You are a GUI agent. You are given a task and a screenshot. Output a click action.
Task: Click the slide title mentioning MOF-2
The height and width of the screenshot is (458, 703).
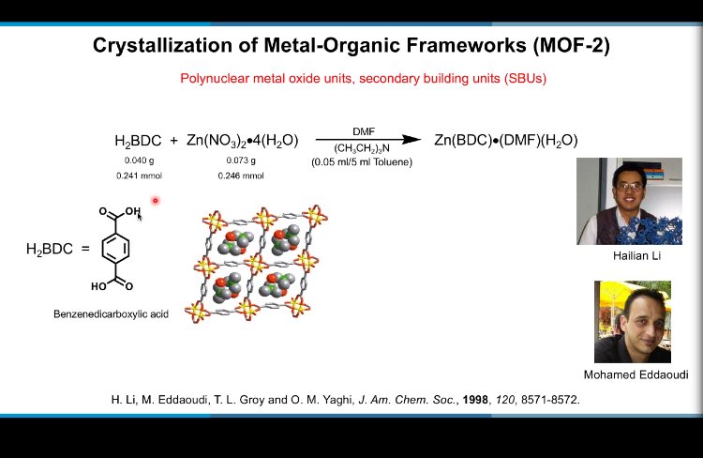coord(351,46)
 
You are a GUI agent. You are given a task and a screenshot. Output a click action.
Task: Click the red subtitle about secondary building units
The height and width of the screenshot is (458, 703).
coord(363,79)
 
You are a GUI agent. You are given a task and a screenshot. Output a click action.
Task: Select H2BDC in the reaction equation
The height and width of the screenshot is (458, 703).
coord(138,141)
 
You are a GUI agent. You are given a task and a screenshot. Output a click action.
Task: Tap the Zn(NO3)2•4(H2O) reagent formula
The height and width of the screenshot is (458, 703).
coord(241,141)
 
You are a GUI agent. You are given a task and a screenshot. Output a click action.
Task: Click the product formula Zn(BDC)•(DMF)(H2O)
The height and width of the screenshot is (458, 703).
coord(505,141)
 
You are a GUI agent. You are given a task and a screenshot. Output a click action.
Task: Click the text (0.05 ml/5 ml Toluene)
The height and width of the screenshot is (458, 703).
coord(363,161)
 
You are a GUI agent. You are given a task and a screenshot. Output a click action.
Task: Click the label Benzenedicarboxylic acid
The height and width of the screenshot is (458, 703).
coord(111,313)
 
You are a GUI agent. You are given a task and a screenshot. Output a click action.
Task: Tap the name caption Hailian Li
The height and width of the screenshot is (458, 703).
coord(629,255)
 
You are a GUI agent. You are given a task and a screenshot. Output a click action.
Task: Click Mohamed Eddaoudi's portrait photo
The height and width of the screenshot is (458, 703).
coord(632,321)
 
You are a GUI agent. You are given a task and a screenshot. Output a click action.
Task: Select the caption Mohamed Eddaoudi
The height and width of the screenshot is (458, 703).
coord(636,374)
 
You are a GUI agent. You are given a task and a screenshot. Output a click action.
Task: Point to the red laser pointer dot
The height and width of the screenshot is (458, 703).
coord(155,200)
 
